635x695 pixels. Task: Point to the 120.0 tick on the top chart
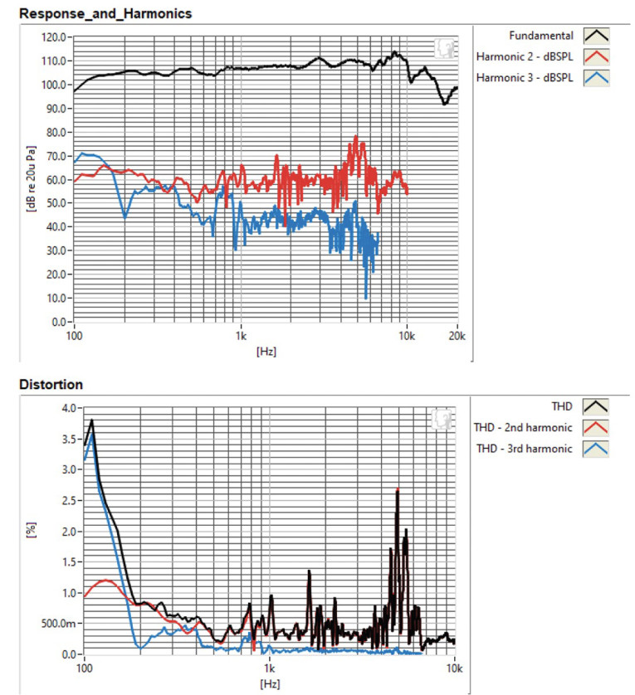tap(52, 37)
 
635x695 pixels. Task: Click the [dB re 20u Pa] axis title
tap(31, 179)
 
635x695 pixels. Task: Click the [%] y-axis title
tap(32, 531)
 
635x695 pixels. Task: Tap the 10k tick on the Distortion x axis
tap(455, 668)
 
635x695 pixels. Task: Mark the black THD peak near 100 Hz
tap(92, 420)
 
